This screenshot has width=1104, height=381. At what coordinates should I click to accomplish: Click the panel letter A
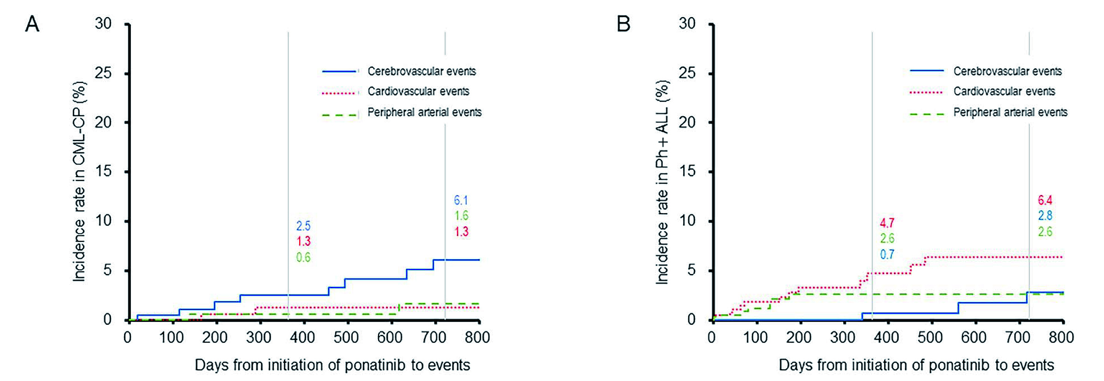[x=32, y=24]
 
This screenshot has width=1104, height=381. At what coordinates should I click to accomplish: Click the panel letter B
[x=623, y=24]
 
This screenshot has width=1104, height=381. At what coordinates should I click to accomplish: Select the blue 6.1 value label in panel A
[x=460, y=200]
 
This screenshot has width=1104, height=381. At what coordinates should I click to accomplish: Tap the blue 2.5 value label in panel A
[x=303, y=226]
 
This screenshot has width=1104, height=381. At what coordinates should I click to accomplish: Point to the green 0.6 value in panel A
[x=303, y=257]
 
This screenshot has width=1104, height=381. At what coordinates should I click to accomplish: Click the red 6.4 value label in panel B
[x=1045, y=200]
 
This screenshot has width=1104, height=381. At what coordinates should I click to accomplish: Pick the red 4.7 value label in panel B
[x=887, y=223]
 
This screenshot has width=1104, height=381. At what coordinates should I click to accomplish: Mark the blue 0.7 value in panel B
[x=887, y=254]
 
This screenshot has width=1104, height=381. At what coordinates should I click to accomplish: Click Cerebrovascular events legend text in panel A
[x=421, y=71]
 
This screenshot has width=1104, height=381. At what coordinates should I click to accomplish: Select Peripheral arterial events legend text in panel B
[x=1010, y=113]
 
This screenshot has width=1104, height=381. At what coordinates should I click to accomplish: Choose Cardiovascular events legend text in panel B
[x=1004, y=92]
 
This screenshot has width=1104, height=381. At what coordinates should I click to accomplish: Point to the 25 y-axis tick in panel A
[x=103, y=73]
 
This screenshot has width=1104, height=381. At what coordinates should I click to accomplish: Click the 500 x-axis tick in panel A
[x=346, y=337]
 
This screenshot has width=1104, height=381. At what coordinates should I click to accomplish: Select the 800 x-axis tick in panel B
[x=1061, y=337]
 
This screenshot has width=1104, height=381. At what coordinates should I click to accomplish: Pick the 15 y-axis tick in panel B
[x=687, y=172]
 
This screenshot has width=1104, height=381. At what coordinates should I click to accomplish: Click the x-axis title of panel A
[x=332, y=365]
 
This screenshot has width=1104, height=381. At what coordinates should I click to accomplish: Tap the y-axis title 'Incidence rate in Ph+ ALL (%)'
[x=662, y=182]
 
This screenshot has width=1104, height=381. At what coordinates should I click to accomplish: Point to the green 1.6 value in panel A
[x=461, y=215]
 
